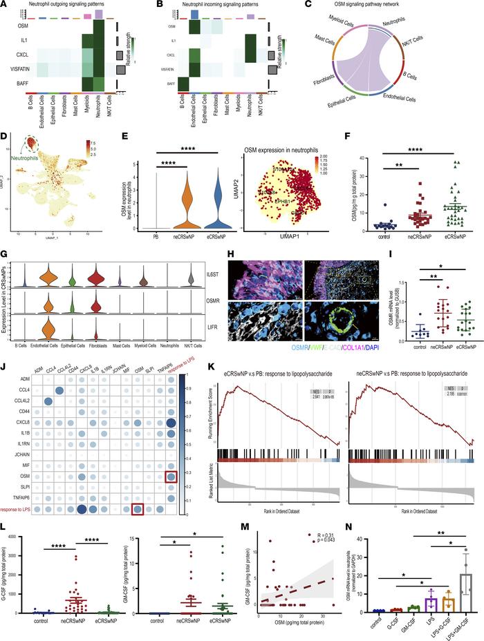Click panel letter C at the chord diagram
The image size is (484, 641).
click(328, 6)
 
